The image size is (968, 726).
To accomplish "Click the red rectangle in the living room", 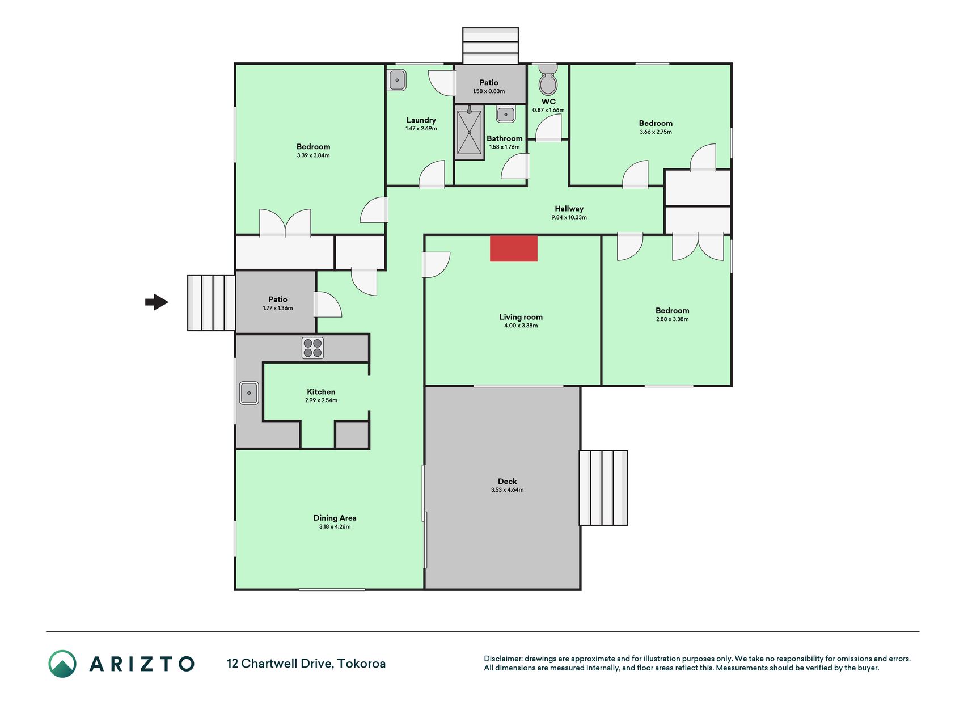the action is coord(514,248).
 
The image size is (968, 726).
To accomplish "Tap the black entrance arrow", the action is coord(157,302).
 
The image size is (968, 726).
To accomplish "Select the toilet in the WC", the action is coord(548,80).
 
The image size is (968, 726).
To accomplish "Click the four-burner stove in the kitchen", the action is coord(312,348).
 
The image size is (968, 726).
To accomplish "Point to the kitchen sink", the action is coord(249,392).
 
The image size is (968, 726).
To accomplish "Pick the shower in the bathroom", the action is coord(470,132).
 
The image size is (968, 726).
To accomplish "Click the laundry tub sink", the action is coord(397,80).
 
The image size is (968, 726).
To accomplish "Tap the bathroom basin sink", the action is coord(505,114).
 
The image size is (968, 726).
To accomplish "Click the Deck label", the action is coord(508,482).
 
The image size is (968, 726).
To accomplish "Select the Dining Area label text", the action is coord(335,518).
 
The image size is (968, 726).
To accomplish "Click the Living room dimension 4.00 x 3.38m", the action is coord(521,326).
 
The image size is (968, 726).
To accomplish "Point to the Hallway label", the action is coord(569,209).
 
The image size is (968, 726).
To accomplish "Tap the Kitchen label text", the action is coord(321,392).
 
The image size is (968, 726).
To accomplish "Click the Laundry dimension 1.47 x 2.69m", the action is coord(421,129).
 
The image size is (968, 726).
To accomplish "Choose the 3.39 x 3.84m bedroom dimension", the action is coord(313,155).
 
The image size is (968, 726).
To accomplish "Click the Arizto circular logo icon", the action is coord(62,664).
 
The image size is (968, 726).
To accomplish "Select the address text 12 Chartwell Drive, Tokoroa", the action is coord(306,664).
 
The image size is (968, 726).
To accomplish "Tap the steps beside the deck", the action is coord(603,488).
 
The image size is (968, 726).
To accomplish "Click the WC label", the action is coord(548,102).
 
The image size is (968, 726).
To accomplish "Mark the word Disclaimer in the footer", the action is coord(503,659).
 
